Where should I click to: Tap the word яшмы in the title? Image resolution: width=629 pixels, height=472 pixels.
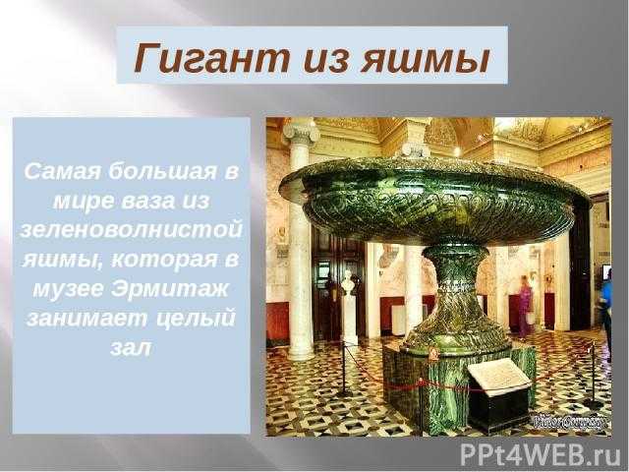coord(426,59)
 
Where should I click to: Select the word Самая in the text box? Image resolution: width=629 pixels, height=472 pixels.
coord(62,172)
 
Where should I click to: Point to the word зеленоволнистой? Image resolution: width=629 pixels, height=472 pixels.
coord(131,230)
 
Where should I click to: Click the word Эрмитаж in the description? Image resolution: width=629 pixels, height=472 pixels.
coord(169,288)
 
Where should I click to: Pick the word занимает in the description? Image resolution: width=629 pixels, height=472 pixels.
coord(86,319)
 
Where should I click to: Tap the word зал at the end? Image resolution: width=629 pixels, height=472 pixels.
coord(131,347)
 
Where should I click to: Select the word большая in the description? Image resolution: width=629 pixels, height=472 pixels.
coord(161,171)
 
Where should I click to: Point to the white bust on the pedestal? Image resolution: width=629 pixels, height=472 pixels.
coord(348,283)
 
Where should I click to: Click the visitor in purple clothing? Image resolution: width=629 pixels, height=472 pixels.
coord(525,306)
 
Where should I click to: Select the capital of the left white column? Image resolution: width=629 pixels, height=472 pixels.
coord(301,133)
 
